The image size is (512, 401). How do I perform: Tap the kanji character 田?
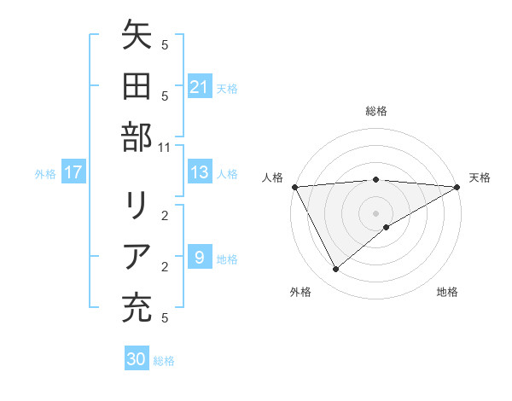point(137,87)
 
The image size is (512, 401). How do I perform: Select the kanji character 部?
point(137,137)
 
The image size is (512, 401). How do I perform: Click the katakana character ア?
point(137,257)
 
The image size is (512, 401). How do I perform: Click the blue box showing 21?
point(199,87)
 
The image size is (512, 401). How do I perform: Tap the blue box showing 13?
point(199,173)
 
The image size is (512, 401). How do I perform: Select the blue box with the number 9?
point(199,258)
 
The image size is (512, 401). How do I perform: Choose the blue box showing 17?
point(73,173)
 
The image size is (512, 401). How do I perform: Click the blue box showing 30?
point(136,360)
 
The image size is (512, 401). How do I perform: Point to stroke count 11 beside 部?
point(165,147)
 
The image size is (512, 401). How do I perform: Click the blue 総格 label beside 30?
point(164,361)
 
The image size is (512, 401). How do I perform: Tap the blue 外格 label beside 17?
point(45,174)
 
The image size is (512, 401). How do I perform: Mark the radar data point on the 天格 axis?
point(457,187)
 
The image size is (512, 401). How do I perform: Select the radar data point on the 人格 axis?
point(294,187)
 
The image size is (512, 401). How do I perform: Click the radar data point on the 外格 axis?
point(335,270)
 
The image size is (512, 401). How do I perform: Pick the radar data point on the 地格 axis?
point(387,227)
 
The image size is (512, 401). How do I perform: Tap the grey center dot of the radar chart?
point(375,212)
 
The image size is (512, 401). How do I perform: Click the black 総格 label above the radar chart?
point(375,111)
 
